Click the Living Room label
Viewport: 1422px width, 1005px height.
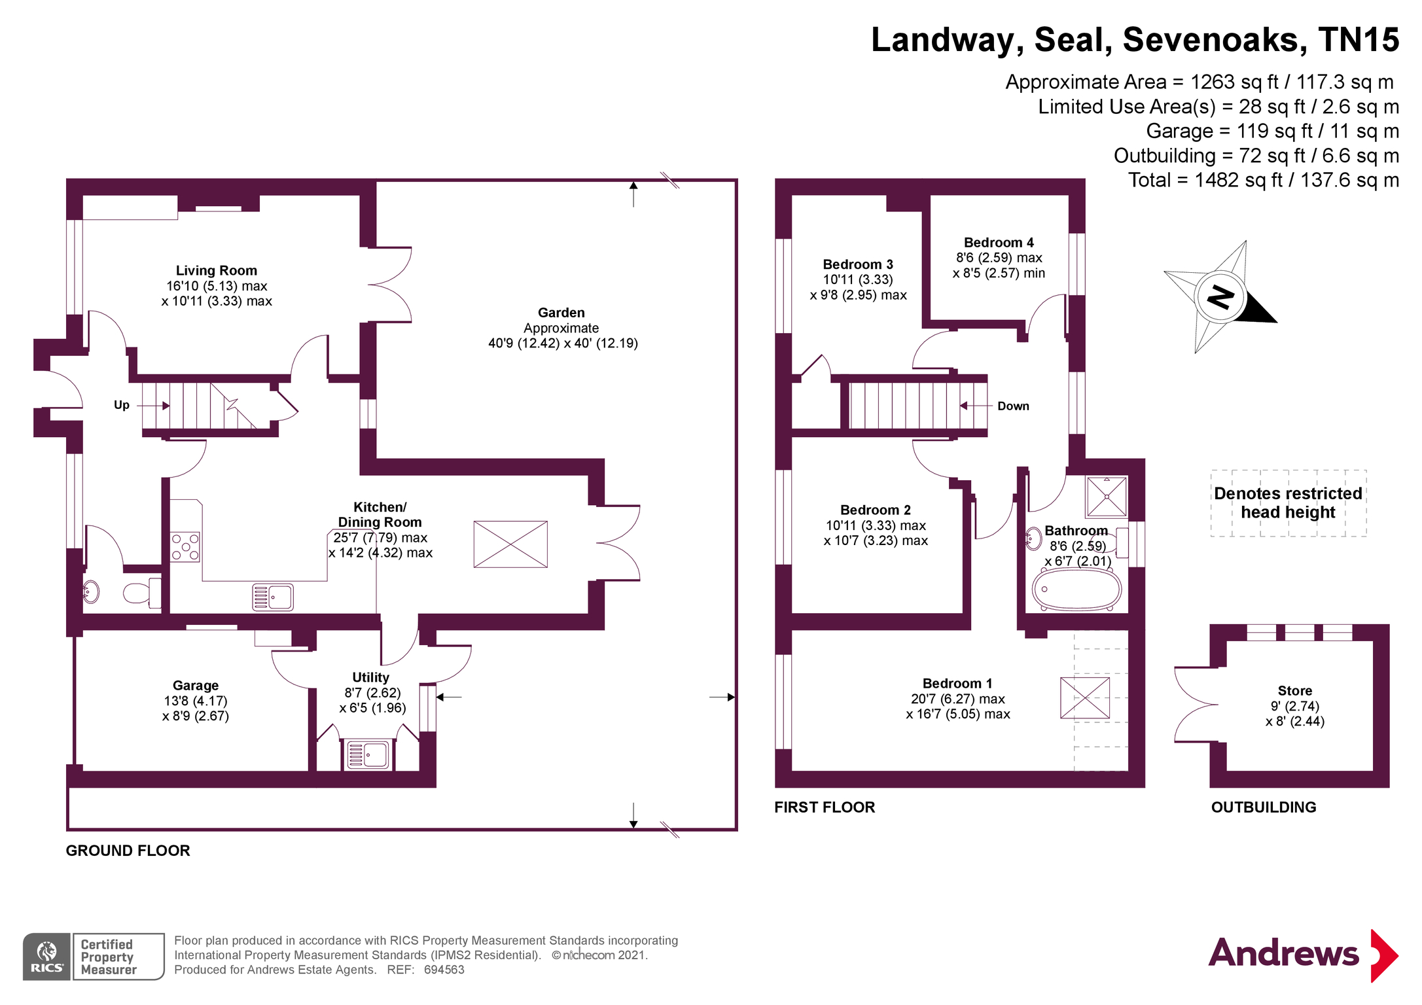click(x=216, y=270)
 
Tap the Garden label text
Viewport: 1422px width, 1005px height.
click(x=561, y=313)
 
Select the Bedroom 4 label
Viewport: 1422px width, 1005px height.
click(x=998, y=243)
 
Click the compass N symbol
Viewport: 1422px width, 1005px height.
click(x=1220, y=297)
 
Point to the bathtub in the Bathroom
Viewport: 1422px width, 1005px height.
click(x=1076, y=589)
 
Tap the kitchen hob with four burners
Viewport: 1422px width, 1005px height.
click(x=185, y=547)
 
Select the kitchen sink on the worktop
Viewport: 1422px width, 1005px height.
click(x=273, y=597)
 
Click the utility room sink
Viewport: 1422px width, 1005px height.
click(x=368, y=754)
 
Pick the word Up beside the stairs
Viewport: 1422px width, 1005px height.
click(x=122, y=405)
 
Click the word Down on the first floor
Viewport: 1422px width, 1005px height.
click(x=1013, y=406)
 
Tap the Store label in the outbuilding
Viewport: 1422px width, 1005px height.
click(x=1294, y=691)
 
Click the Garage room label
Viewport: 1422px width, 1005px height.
click(x=196, y=686)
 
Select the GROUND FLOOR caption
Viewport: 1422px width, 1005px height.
click(x=128, y=851)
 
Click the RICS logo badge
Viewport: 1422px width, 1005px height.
click(x=47, y=957)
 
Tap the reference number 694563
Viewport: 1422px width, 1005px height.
click(x=444, y=970)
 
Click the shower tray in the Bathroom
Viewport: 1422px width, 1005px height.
click(x=1107, y=497)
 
